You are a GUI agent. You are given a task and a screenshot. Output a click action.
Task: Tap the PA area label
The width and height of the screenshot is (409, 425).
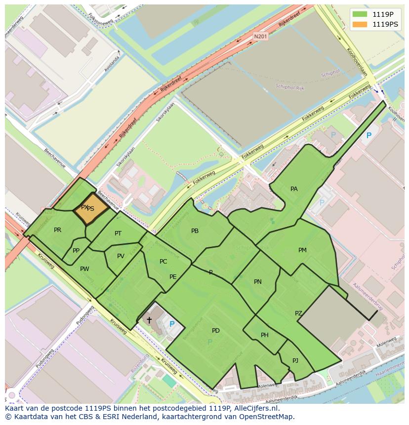click(x=294, y=189)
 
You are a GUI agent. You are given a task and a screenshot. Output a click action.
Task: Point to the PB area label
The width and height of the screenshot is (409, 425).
click(x=195, y=231)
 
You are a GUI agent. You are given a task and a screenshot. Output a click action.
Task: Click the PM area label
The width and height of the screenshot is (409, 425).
click(x=302, y=250)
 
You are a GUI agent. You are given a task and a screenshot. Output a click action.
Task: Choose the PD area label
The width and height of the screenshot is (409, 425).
click(x=215, y=331)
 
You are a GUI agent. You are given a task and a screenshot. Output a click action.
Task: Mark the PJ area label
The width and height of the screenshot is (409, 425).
click(x=295, y=361)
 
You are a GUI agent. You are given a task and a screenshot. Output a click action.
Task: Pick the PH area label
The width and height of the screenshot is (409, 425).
click(x=265, y=335)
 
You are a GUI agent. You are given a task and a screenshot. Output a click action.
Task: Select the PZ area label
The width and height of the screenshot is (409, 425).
click(x=298, y=313)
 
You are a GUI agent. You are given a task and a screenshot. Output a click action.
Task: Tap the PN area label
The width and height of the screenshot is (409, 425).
click(x=257, y=282)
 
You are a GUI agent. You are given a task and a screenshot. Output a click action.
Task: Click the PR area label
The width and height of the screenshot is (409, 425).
click(x=58, y=230)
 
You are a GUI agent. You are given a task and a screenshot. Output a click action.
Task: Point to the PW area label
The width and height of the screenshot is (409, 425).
click(x=84, y=269)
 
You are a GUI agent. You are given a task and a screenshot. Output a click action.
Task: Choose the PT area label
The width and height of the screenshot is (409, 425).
click(x=118, y=233)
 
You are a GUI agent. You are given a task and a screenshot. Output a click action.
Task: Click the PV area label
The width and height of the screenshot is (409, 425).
click(x=121, y=256)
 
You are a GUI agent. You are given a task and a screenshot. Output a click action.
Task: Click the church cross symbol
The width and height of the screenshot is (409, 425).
click(x=149, y=320)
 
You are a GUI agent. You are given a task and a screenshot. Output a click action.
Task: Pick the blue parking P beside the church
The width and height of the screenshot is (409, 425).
click(x=172, y=324)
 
